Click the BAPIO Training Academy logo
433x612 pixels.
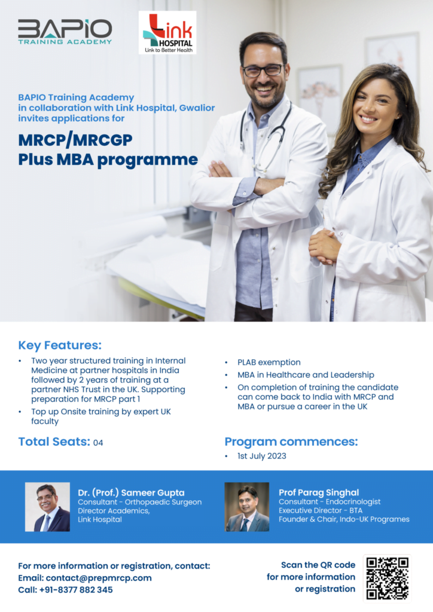tap(65, 32)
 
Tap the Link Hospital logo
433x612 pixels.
tap(167, 33)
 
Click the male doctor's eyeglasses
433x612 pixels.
tap(263, 71)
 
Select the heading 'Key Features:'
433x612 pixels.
tap(60, 345)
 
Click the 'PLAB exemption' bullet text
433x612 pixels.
tap(269, 362)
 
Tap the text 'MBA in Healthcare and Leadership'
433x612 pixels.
tap(306, 375)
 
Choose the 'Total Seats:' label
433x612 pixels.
tap(54, 442)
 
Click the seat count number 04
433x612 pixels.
tap(98, 443)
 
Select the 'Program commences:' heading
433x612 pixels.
tap(291, 442)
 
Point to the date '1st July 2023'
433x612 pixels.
tap(261, 456)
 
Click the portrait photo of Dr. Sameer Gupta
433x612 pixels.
tap(47, 507)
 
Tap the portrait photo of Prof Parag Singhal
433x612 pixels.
tap(246, 507)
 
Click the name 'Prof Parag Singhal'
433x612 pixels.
tap(319, 492)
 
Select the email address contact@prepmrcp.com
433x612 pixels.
tap(99, 578)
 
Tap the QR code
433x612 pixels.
tap(388, 578)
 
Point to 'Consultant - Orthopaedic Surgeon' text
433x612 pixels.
tap(139, 502)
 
